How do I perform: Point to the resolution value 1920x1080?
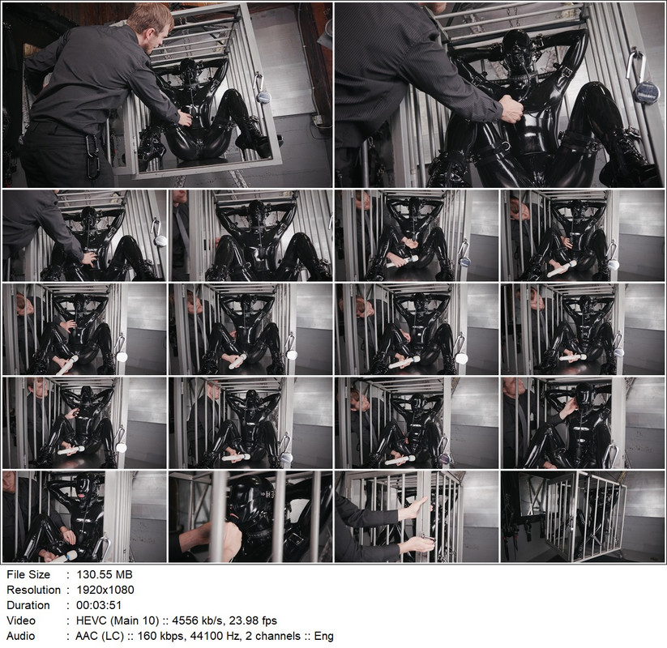(105, 590)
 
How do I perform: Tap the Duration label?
(28, 605)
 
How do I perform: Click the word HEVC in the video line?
(91, 620)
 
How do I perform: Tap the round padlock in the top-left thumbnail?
(263, 95)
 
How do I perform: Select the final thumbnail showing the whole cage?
(582, 516)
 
